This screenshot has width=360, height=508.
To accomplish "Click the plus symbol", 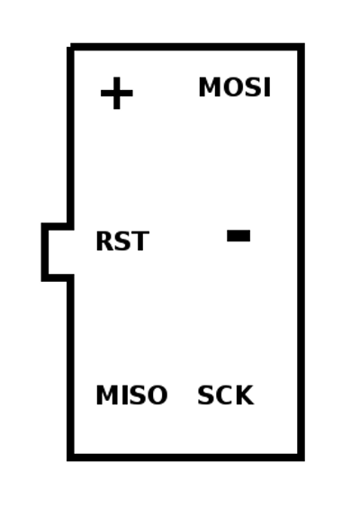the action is [117, 94].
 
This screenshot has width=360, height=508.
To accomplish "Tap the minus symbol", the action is [238, 235].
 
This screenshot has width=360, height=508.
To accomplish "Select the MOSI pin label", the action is [234, 86].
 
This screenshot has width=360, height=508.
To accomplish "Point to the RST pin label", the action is [122, 240].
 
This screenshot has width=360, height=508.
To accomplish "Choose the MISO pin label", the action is [131, 395].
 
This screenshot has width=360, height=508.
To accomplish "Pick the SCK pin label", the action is [225, 395].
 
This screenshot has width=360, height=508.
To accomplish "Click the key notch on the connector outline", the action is [45, 252].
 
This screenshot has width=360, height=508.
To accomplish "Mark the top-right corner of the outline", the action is [301, 46].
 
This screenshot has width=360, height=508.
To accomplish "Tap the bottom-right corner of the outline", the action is [301, 458].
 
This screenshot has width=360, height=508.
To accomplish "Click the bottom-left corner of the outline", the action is [70, 458].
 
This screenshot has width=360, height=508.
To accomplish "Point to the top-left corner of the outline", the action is [70, 47].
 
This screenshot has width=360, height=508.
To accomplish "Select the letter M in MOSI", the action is [208, 86].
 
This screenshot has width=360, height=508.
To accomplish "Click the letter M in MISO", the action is [105, 395].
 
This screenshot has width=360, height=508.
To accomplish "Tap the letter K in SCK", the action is [245, 395].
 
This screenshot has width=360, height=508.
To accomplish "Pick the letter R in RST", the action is [103, 240].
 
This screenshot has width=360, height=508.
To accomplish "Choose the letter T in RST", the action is [140, 240].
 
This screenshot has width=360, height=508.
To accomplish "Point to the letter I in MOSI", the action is [267, 86].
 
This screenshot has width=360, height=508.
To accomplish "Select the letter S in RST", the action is [122, 240].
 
